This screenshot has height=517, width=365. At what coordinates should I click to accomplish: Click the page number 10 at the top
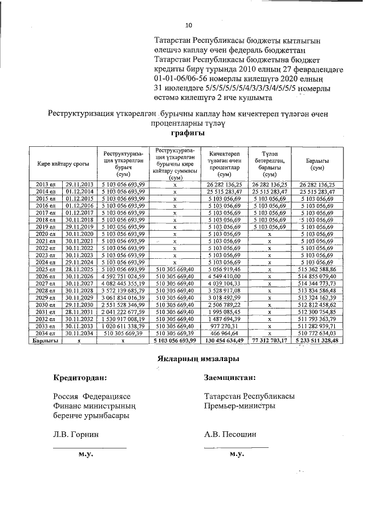(189, 25)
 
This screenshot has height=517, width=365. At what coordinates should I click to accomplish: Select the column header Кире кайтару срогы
(63, 164)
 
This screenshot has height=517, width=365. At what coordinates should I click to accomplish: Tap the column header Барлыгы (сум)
(315, 164)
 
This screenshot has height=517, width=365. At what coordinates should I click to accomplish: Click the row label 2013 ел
(46, 185)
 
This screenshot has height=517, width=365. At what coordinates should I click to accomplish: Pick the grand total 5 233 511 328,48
(315, 340)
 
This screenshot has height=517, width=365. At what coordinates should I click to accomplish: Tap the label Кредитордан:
(79, 377)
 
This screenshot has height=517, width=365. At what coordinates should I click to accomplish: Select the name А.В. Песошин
(230, 434)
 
